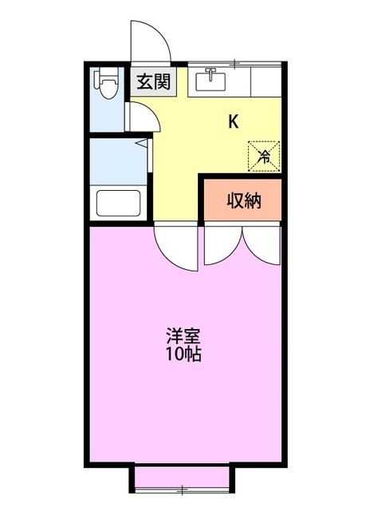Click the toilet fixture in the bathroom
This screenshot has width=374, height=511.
coord(106,85)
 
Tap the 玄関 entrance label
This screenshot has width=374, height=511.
coord(152,81)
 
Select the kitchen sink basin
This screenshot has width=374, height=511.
coord(211,81)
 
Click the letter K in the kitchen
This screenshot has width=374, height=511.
coord(234,121)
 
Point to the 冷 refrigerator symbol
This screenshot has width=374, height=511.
coord(263,154)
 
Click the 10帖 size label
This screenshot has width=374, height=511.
coord(183,354)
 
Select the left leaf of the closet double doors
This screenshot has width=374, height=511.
coord(223,246)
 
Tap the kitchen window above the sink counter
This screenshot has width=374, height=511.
coord(236,61)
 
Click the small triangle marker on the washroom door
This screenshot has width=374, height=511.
coord(141,145)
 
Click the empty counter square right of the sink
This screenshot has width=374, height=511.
coord(265,81)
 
